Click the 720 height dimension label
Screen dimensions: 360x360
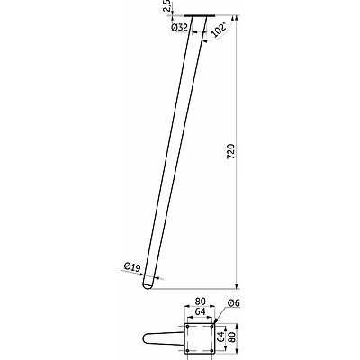pos(230,151)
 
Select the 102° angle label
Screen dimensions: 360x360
pos(219,30)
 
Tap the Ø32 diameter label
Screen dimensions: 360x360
pos(179,28)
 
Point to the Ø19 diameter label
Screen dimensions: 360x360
pos(132,266)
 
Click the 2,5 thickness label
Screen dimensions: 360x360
pos(167,5)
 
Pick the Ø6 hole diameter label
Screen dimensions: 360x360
pos(234,303)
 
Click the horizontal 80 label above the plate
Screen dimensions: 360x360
pos(200,301)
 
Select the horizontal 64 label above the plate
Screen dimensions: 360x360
pos(200,311)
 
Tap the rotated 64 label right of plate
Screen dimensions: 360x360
pos(221,337)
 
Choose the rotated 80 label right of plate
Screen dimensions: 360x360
pos(230,337)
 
